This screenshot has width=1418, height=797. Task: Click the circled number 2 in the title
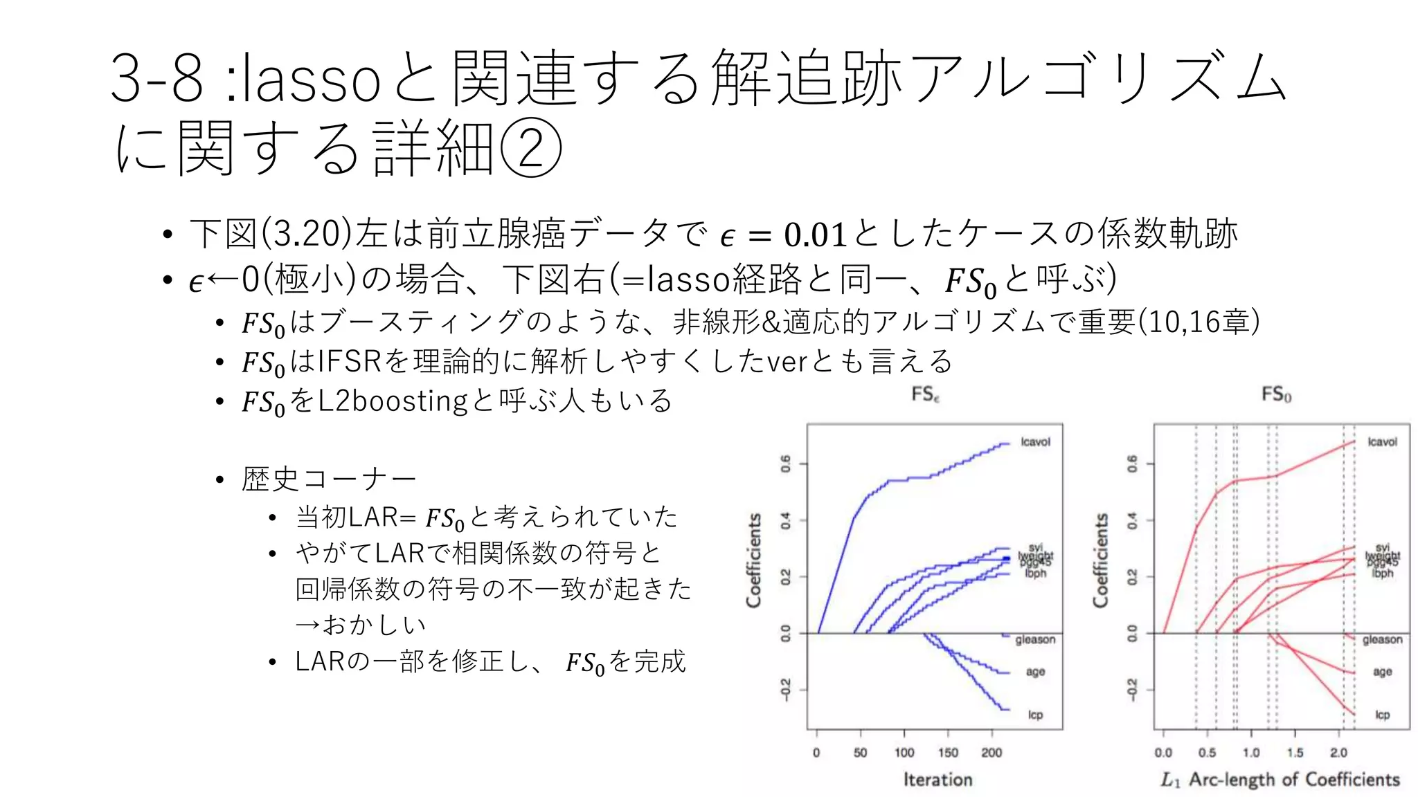(x=530, y=147)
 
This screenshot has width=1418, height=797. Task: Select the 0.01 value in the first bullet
(x=815, y=235)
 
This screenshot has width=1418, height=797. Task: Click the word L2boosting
(x=392, y=401)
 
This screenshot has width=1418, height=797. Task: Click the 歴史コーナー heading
(x=329, y=479)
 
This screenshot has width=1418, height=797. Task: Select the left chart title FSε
(x=925, y=394)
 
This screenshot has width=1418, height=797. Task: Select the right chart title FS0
(x=1275, y=394)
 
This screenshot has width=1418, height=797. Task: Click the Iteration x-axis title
(x=937, y=780)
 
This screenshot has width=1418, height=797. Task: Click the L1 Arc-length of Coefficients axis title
(x=1280, y=780)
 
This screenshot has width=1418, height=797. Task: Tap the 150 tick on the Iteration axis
(x=948, y=753)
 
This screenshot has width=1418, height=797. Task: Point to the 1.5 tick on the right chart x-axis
(x=1295, y=753)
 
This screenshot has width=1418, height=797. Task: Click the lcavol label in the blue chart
(x=1035, y=442)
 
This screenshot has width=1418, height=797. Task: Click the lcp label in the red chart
(x=1382, y=715)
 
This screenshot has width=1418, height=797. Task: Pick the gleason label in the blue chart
(x=1035, y=640)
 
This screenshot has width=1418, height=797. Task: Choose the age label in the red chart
(x=1382, y=672)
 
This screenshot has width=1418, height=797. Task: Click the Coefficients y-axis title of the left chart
(x=754, y=560)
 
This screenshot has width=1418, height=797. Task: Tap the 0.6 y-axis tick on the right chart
(x=1131, y=464)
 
